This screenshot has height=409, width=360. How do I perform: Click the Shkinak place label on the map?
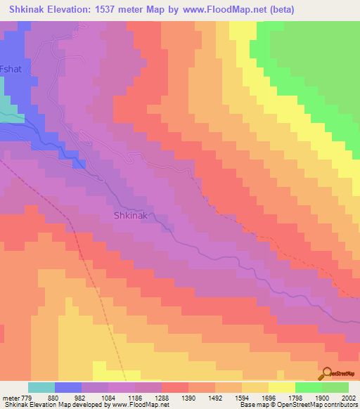coord(131,216)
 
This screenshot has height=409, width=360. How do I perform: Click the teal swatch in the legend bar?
coord(41,387)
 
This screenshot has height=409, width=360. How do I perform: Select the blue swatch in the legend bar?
coord(68,387)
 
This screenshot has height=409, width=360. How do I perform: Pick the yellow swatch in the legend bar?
coord(282,387)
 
